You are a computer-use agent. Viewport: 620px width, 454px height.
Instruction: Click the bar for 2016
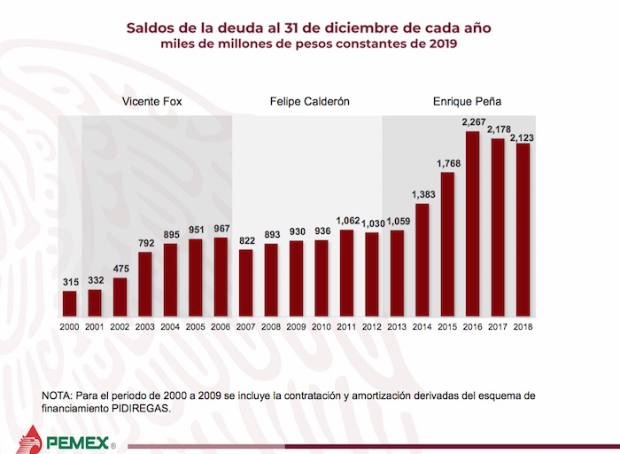(472, 223)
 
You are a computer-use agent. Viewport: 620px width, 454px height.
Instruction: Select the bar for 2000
(69, 303)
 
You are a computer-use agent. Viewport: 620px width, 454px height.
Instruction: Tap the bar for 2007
(245, 282)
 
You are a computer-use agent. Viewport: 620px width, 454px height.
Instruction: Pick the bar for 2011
(346, 273)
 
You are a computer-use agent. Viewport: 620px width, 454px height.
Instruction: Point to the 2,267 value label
(472, 123)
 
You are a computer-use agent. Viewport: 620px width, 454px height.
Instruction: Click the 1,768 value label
(447, 163)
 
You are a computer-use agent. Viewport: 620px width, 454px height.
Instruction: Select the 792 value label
(145, 243)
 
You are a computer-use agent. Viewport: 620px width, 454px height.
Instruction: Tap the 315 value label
(70, 282)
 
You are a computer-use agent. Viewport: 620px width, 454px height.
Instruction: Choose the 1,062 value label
(346, 221)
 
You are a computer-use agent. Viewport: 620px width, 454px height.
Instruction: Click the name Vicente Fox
(152, 102)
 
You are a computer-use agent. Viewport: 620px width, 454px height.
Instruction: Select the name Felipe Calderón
(309, 102)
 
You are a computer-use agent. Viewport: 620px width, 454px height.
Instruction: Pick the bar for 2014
(422, 260)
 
